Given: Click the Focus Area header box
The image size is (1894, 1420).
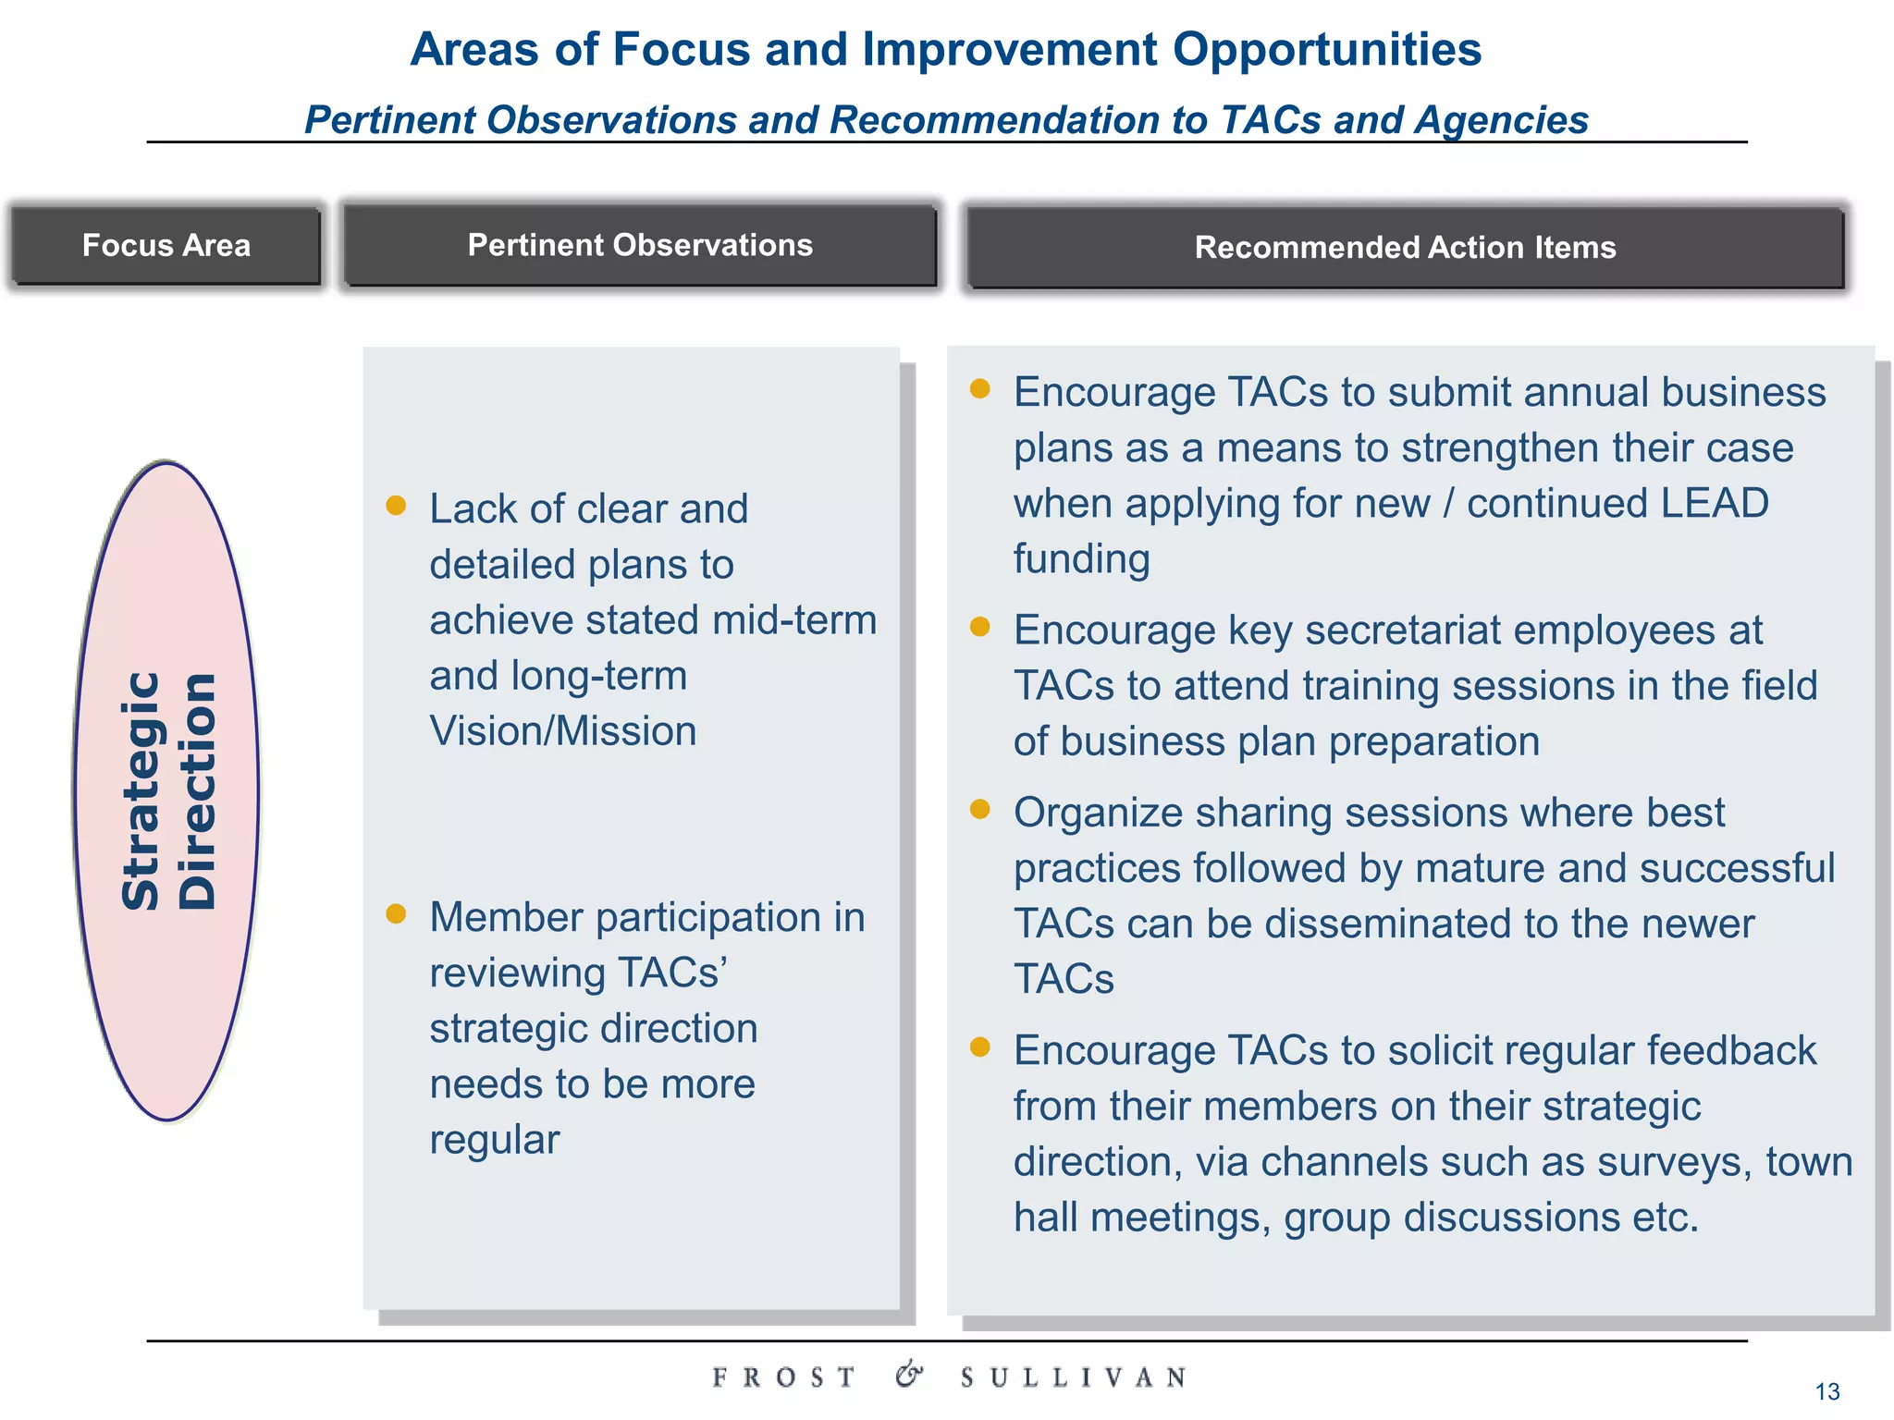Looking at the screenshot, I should point(166,245).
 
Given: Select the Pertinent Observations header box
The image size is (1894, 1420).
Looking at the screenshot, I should point(640,245).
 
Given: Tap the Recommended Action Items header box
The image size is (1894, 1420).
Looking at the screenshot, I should point(1405,248).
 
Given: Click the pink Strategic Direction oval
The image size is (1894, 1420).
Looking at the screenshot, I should point(167,790).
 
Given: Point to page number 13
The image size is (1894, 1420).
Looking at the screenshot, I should point(1827,1391).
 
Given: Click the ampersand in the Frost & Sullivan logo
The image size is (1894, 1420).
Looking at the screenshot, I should point(909,1375).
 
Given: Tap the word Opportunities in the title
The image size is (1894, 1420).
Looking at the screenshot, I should point(1327,49).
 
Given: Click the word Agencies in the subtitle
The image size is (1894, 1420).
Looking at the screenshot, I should point(1502,120).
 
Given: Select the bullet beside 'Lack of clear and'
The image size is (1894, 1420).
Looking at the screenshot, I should point(396,505).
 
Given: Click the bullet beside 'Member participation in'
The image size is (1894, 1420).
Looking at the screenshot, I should point(396,913).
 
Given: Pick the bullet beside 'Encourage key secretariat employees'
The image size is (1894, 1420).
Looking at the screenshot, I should point(980,627).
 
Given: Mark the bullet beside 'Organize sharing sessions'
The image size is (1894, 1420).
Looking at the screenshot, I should point(980,810).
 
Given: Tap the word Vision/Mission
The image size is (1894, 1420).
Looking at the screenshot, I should point(562,731).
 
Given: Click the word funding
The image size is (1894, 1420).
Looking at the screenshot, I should point(1081,559).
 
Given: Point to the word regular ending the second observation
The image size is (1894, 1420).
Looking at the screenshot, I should point(495,1140).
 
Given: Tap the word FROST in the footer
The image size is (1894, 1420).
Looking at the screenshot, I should point(783,1377).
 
